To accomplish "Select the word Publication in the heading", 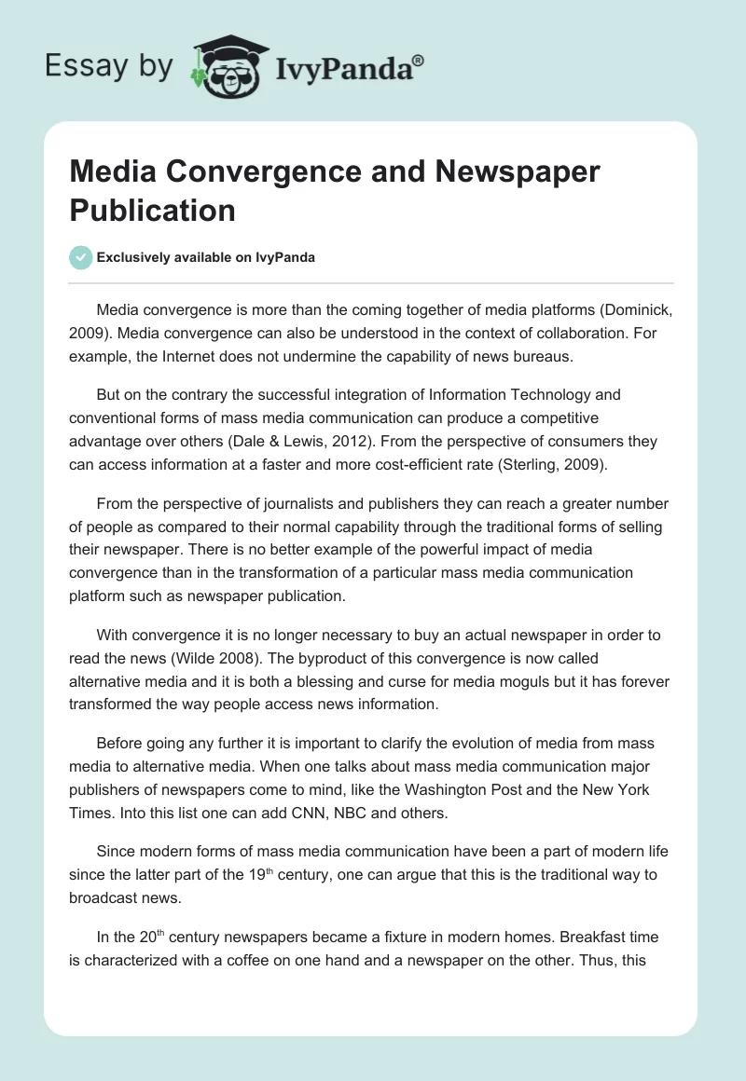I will [x=152, y=211].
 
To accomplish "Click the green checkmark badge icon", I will [x=81, y=257].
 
